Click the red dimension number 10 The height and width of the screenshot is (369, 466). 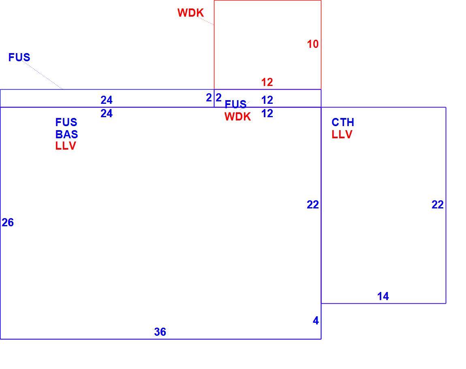pyautogui.click(x=313, y=44)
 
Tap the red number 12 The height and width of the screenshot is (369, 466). pyautogui.click(x=267, y=82)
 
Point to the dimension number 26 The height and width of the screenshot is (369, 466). pyautogui.click(x=8, y=222)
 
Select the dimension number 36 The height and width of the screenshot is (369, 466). pyautogui.click(x=160, y=332)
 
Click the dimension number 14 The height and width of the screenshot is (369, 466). pyautogui.click(x=383, y=296)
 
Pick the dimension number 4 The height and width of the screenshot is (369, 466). pyautogui.click(x=316, y=320)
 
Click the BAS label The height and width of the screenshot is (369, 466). pyautogui.click(x=66, y=134)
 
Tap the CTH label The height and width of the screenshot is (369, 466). pyautogui.click(x=343, y=122)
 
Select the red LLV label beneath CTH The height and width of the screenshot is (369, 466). pyautogui.click(x=342, y=134)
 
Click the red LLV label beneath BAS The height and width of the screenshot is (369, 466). pyautogui.click(x=66, y=146)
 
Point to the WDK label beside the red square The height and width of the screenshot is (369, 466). pyautogui.click(x=190, y=13)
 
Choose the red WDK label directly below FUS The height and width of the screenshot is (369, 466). pyautogui.click(x=238, y=116)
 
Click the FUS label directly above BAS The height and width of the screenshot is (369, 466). pyautogui.click(x=66, y=122)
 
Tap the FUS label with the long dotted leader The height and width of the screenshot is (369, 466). pyautogui.click(x=19, y=58)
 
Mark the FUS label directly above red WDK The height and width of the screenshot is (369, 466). pyautogui.click(x=235, y=104)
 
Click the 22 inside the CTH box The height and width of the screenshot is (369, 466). pyautogui.click(x=438, y=204)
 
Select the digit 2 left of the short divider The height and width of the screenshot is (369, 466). pyautogui.click(x=209, y=98)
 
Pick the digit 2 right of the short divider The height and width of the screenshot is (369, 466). pyautogui.click(x=219, y=98)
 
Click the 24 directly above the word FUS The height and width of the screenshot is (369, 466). pyautogui.click(x=107, y=113)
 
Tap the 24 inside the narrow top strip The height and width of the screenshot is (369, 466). pyautogui.click(x=107, y=100)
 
